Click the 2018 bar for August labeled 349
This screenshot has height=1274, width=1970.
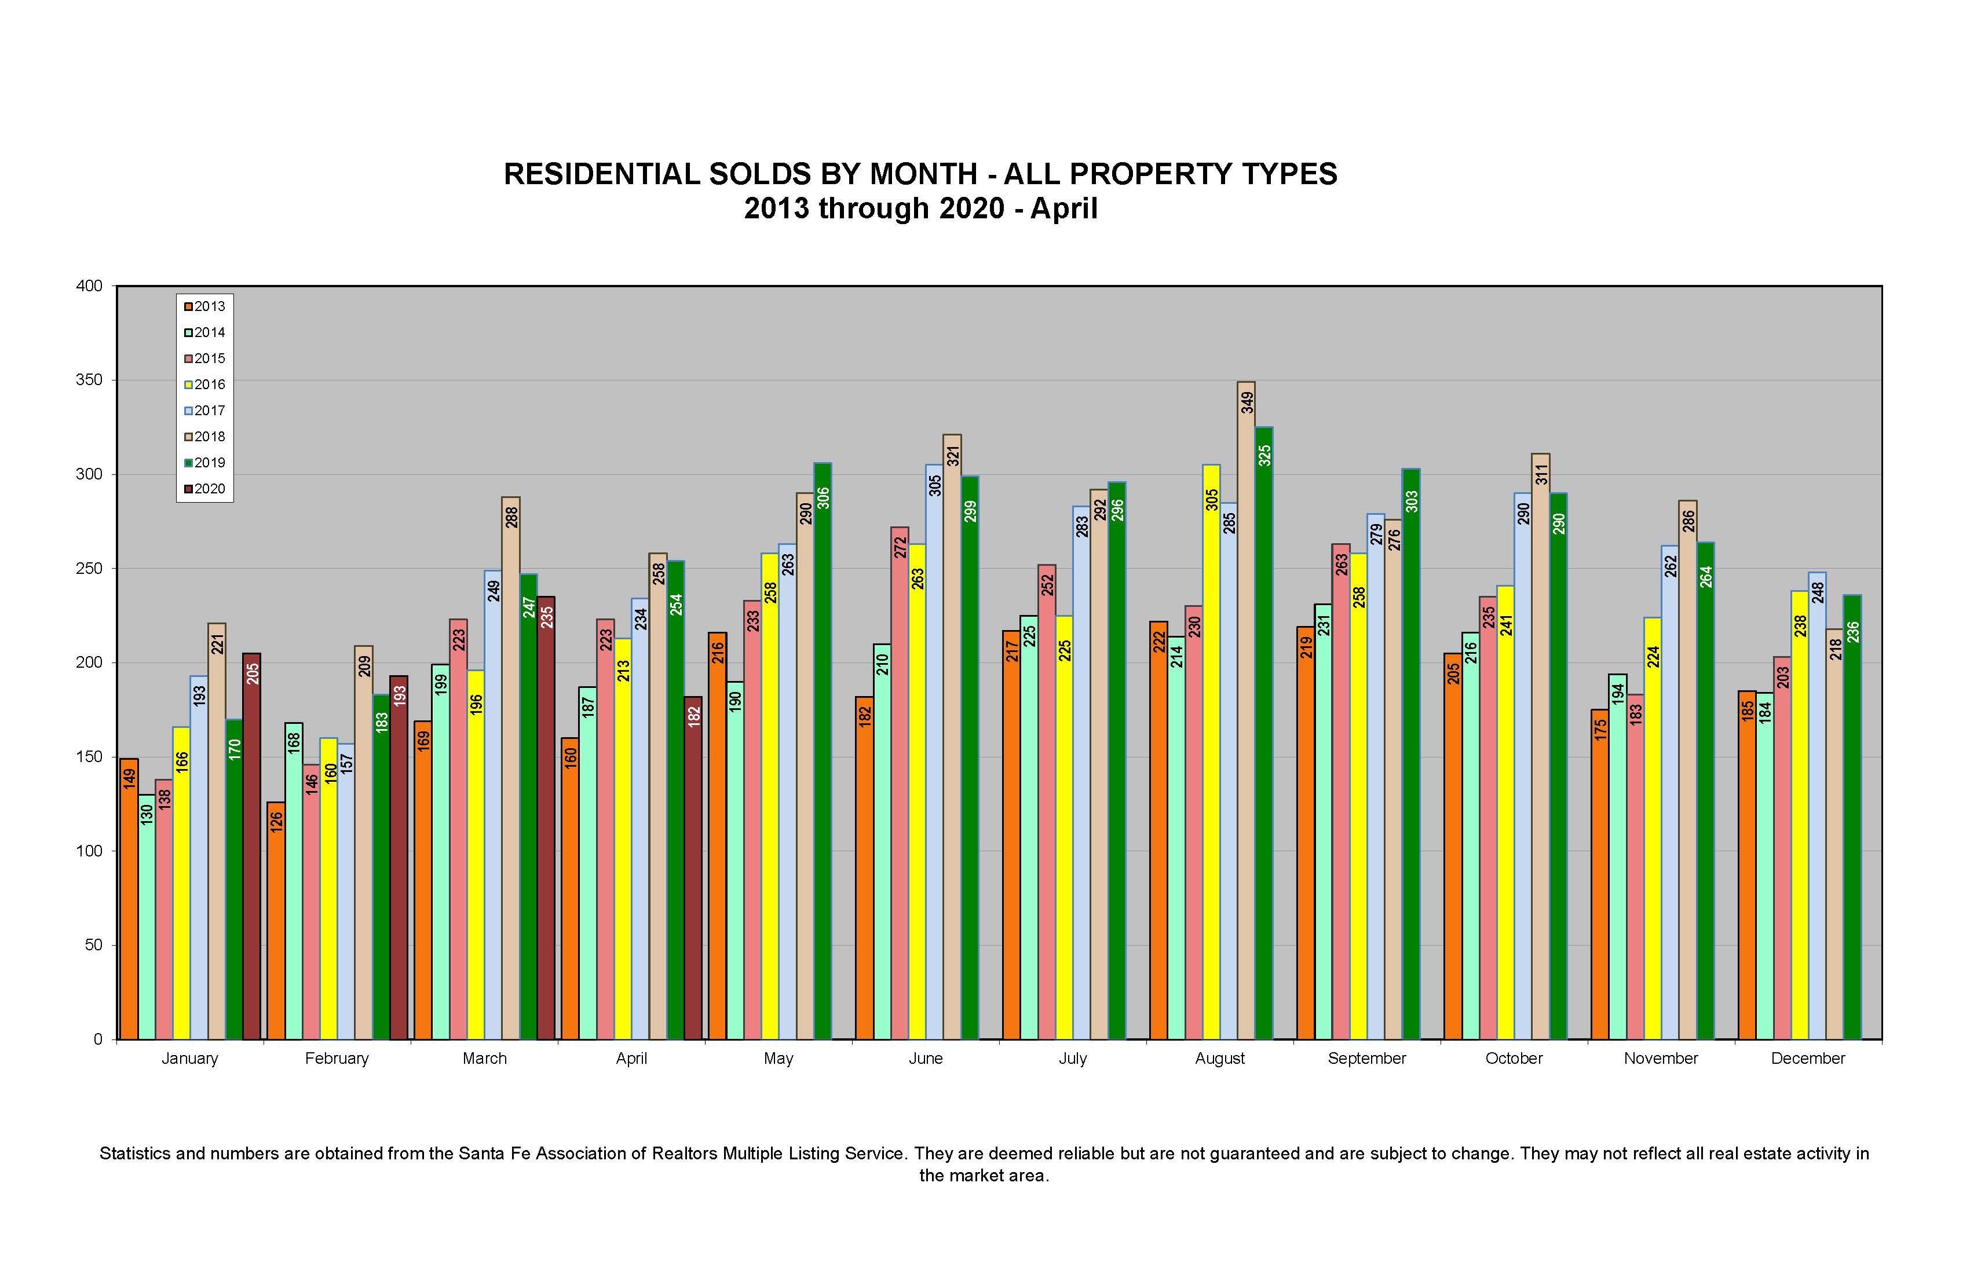(1245, 712)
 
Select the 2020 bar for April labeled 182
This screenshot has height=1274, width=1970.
(693, 869)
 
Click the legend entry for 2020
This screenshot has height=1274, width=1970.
(204, 489)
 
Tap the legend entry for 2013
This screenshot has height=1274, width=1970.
(204, 306)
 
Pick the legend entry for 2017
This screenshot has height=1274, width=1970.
(204, 411)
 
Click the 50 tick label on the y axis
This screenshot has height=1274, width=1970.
(93, 944)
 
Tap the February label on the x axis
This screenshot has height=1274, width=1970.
(337, 1058)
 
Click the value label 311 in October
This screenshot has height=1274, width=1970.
(1541, 474)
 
